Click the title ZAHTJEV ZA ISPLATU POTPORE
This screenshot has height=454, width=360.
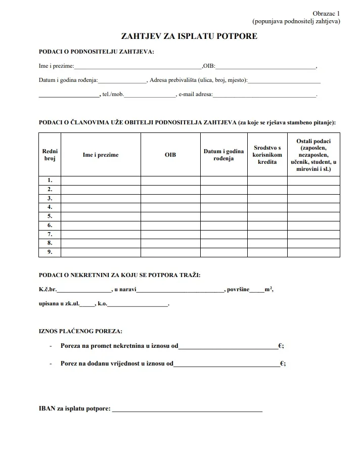(189, 36)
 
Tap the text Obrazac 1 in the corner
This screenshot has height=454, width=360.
(326, 13)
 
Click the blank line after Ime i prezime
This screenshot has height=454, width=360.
(138, 66)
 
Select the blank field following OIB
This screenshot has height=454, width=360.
(265, 66)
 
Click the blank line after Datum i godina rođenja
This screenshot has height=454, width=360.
(122, 80)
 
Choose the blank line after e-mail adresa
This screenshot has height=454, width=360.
(264, 94)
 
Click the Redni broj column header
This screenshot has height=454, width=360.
(50, 155)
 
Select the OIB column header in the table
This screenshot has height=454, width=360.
(170, 155)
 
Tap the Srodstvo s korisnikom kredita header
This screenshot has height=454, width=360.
(267, 155)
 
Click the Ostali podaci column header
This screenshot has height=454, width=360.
(313, 155)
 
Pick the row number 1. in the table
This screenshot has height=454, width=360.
(50, 180)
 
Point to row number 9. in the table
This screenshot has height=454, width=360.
(50, 252)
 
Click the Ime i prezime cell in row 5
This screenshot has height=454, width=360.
(101, 216)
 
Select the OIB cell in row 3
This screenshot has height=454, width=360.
(170, 198)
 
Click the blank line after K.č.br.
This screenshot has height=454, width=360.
(84, 290)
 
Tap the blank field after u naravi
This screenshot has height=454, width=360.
(180, 290)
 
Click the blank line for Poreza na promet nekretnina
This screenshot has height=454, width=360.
(228, 346)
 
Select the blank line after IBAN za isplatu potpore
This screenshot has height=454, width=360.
(187, 409)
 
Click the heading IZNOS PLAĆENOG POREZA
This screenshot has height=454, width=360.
(80, 332)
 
